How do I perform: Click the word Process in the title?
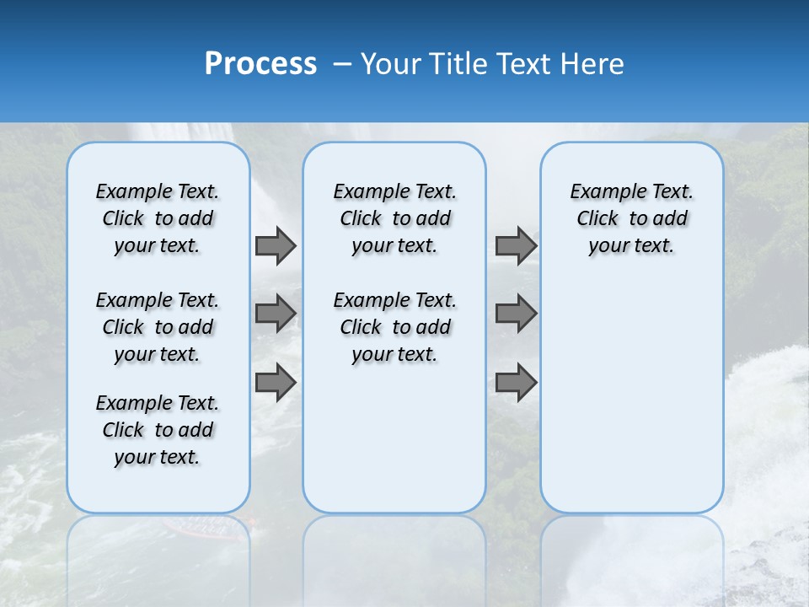point(260,64)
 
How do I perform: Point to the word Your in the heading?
point(392,64)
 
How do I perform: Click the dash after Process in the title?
point(342,64)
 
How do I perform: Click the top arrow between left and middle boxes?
point(276,246)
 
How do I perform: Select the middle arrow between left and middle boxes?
point(276,314)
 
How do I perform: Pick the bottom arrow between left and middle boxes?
point(276,382)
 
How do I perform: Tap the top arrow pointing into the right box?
point(516,246)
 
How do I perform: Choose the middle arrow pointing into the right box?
point(516,314)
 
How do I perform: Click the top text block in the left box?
point(158,218)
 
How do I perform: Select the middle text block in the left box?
point(158,327)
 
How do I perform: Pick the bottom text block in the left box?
point(158,430)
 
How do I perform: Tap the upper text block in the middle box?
point(394,218)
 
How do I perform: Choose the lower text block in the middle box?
point(394,327)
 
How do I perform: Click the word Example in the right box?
point(602,192)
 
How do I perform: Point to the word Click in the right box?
point(597,219)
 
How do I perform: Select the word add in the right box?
point(669,219)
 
